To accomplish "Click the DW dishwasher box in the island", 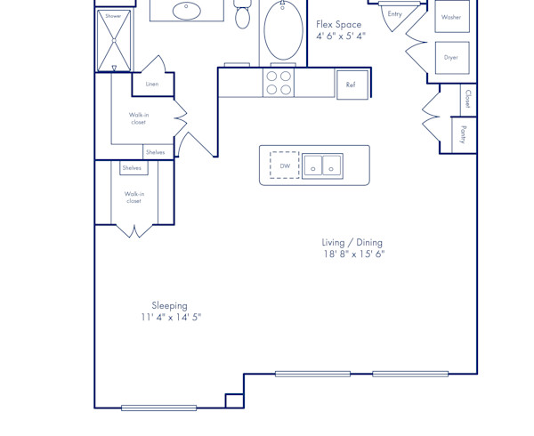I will pyautogui.click(x=285, y=166).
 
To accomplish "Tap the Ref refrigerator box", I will pyautogui.click(x=352, y=85).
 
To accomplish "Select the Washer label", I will pyautogui.click(x=451, y=17).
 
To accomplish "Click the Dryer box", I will pyautogui.click(x=451, y=58).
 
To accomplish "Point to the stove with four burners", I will pyautogui.click(x=279, y=83).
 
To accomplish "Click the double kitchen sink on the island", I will pyautogui.click(x=322, y=166).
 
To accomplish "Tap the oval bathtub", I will pyautogui.click(x=283, y=32).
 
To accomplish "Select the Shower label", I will pyautogui.click(x=113, y=16).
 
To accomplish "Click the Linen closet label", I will pyautogui.click(x=152, y=85).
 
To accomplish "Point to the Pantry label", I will pyautogui.click(x=464, y=135).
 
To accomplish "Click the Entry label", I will pyautogui.click(x=394, y=14).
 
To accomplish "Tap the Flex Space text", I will pyautogui.click(x=339, y=25).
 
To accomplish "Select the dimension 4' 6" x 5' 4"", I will pyautogui.click(x=341, y=36).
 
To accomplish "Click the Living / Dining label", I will pyautogui.click(x=352, y=242).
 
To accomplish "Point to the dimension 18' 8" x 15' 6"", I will pyautogui.click(x=353, y=254).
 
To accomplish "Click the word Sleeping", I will pyautogui.click(x=169, y=305).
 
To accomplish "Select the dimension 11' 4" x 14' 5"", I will pyautogui.click(x=171, y=318).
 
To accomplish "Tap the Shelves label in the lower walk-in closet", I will pyautogui.click(x=132, y=168).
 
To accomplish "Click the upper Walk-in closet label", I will pyautogui.click(x=138, y=118).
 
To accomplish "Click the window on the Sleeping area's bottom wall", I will pyautogui.click(x=158, y=408).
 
